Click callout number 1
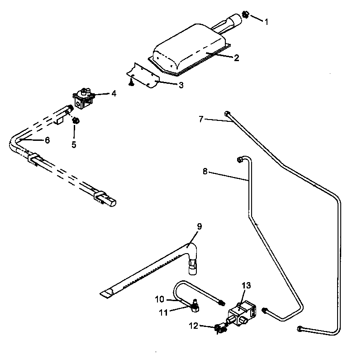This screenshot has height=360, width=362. coord(267,21)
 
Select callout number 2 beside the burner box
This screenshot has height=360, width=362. coord(236,58)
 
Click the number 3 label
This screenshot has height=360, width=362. coord(181,85)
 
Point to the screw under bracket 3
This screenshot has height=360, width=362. coord(130,83)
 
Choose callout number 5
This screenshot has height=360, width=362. coord(73,145)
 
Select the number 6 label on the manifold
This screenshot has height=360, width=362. coord(47,140)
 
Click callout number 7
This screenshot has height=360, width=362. coord(201,119)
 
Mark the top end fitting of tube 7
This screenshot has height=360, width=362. coord(227,114)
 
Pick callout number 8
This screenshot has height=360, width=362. coord(205,172)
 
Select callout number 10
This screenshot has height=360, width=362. coord(160,299)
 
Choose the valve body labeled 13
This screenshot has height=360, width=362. coord(240,312)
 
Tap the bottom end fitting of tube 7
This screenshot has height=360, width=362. coord(300,328)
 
